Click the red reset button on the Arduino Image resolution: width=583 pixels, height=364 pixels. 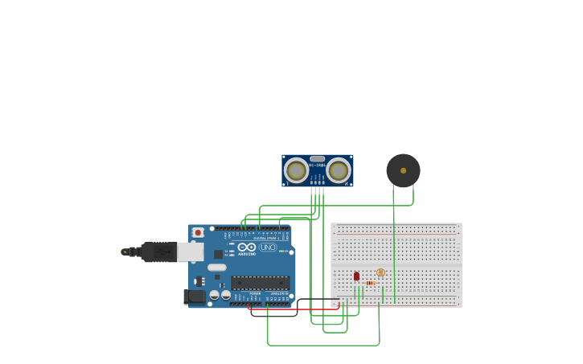(198, 232)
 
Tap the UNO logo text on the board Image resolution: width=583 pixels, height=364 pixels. (268, 247)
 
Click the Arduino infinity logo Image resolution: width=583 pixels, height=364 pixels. (247, 247)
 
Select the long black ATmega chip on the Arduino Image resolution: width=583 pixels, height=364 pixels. (260, 283)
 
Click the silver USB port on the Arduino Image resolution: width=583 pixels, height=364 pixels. (191, 252)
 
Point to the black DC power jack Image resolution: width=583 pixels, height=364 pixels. (194, 297)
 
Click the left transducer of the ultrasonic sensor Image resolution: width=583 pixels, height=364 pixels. (296, 170)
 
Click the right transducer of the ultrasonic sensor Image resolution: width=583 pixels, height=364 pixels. (339, 170)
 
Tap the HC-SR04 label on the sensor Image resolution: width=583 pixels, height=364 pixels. (317, 165)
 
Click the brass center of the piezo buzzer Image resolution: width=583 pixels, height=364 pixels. (403, 170)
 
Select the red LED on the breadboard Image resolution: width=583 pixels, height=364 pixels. (356, 276)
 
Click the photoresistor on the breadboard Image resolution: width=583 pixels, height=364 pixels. (380, 272)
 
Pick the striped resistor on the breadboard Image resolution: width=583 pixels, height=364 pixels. (370, 283)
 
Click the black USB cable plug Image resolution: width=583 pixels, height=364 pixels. (158, 252)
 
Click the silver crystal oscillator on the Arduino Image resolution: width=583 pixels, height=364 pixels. (217, 268)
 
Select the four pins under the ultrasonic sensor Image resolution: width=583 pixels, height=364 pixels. (318, 190)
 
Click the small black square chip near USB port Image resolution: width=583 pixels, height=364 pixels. (218, 254)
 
